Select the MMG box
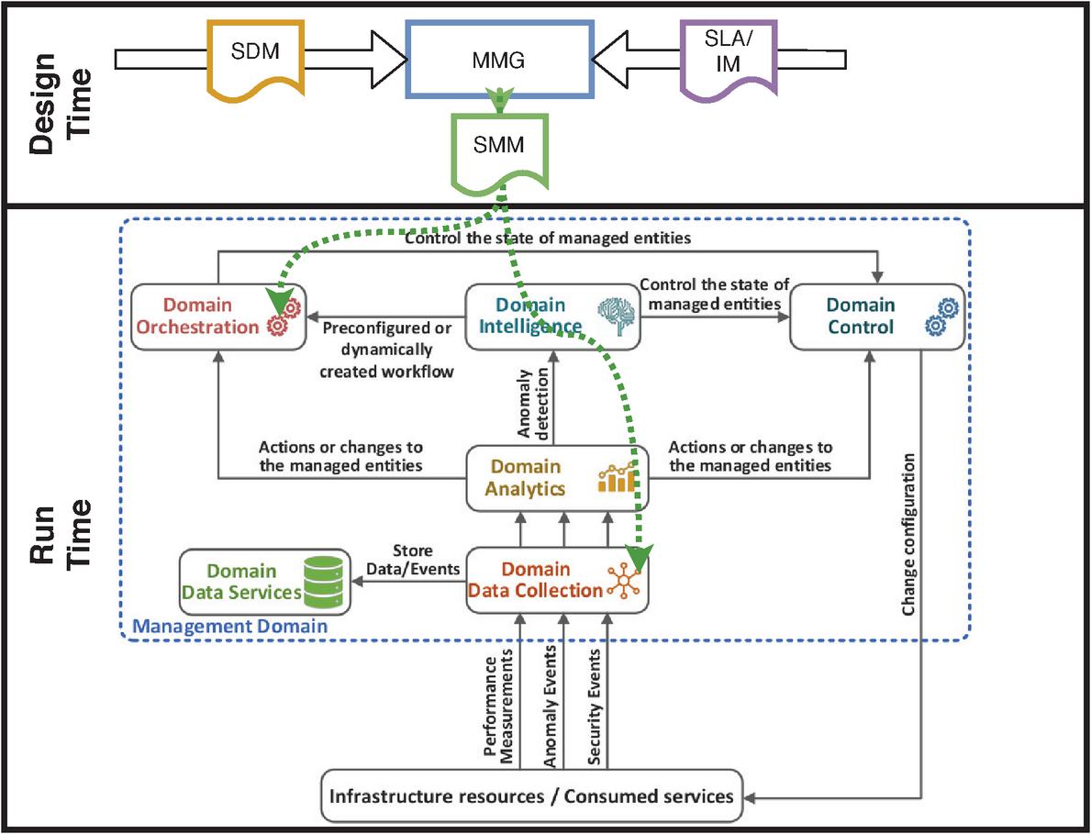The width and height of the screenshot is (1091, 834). (x=499, y=60)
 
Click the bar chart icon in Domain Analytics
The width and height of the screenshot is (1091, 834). (x=617, y=478)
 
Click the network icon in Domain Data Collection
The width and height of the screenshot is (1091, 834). (x=624, y=579)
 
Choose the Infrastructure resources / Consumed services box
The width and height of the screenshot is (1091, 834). (x=532, y=795)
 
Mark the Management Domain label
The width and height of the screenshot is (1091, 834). (x=230, y=628)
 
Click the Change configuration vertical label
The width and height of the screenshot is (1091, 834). (x=909, y=533)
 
